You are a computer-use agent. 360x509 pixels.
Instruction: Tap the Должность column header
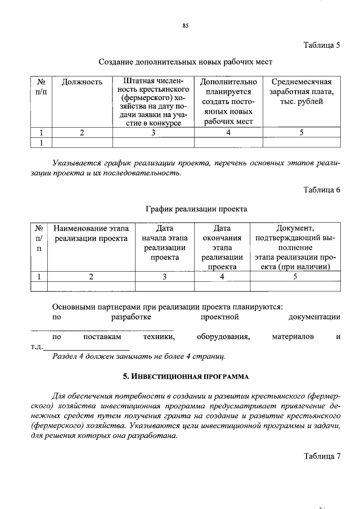click(82, 82)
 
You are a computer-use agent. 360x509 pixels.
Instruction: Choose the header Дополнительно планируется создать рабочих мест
click(228, 102)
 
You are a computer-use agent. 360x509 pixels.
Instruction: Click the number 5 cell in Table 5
click(301, 133)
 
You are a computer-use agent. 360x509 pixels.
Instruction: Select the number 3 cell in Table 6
click(164, 276)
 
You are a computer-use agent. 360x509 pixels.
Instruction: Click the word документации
click(314, 317)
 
